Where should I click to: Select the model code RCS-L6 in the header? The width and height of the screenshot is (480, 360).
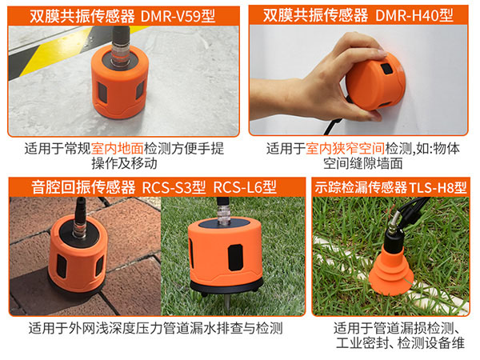click(x=244, y=186)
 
